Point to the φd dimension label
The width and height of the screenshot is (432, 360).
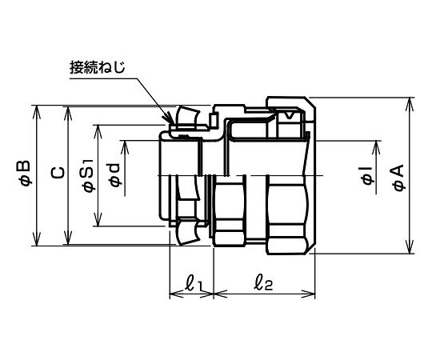point(114,175)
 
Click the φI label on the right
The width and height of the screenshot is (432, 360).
point(368,176)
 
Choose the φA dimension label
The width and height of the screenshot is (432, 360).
point(398,177)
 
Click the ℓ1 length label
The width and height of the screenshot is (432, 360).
point(194,284)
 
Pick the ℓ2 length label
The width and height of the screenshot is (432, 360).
point(263,284)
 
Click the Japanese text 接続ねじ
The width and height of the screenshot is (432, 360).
point(98,67)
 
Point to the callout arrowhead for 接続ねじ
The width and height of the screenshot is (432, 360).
point(168,119)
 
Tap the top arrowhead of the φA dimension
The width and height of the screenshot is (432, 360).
point(410,103)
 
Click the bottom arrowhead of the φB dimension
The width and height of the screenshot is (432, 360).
point(37,239)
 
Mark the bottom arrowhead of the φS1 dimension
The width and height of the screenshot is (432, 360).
point(98,220)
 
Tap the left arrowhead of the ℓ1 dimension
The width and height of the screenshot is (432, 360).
point(176,294)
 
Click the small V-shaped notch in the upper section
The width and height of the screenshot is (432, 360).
point(289,116)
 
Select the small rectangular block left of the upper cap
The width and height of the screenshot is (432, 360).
point(214,120)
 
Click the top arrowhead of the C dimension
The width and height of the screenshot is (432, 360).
point(67,112)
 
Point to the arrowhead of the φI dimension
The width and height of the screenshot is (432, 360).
point(376,147)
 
